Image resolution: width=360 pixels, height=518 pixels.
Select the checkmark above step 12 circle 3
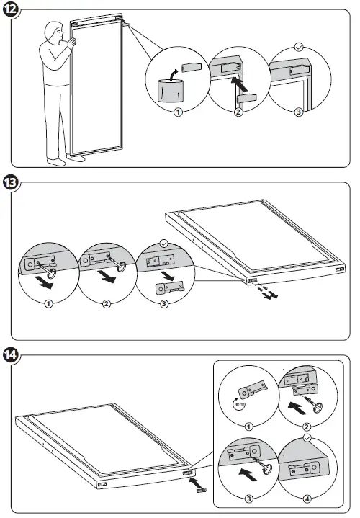click(x=299, y=47)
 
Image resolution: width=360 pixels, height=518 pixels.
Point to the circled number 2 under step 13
click(x=107, y=304)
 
